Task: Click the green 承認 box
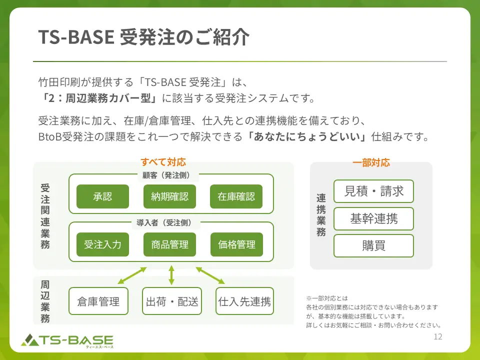102,196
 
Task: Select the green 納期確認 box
169,196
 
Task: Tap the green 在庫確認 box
236,196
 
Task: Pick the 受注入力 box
102,244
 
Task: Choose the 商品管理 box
169,244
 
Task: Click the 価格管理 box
236,244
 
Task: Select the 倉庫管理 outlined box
98,301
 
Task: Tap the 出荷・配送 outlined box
171,301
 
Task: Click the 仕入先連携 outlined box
244,301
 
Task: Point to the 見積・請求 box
373,191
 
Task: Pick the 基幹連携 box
373,218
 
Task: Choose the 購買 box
373,245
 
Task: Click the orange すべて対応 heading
163,162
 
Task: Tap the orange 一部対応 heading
371,162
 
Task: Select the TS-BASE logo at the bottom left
67,340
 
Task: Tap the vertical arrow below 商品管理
171,275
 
